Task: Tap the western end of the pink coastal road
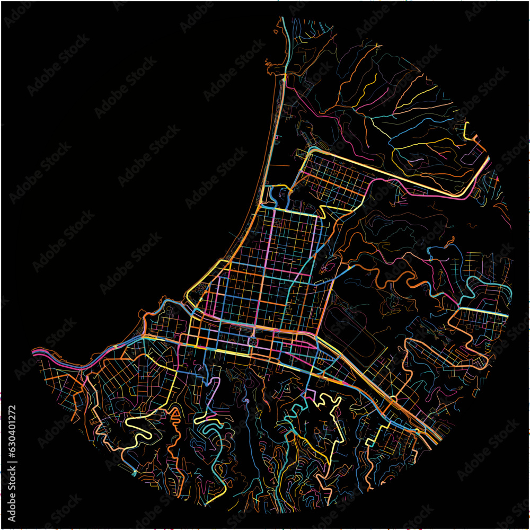pos(35,351)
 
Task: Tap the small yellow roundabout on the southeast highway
pos(393,399)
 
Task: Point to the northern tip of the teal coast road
pos(284,21)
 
